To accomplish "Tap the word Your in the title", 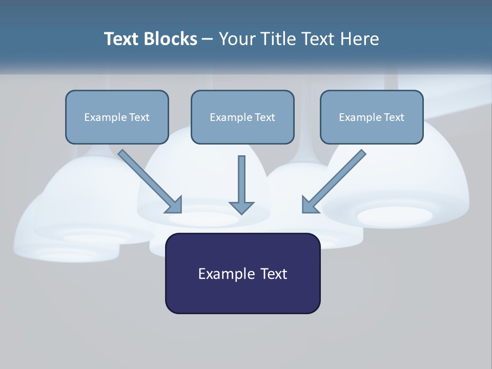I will [x=237, y=39].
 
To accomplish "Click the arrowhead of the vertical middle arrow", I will [x=241, y=207].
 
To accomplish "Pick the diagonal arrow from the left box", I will [x=149, y=179].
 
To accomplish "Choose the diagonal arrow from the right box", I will [x=336, y=179].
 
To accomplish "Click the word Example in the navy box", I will [x=219, y=274].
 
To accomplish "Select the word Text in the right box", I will [x=394, y=117].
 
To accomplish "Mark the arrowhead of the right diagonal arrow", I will [x=309, y=205].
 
